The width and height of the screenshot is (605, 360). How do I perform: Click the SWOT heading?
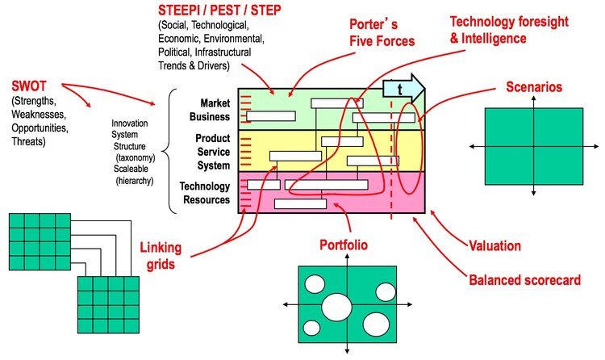(29, 86)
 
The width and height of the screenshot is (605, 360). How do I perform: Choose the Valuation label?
(495, 245)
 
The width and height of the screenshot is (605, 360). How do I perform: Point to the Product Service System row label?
(212, 152)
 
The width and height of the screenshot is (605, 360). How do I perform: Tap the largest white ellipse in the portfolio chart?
(336, 307)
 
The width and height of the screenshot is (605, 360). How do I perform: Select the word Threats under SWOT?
(27, 141)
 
